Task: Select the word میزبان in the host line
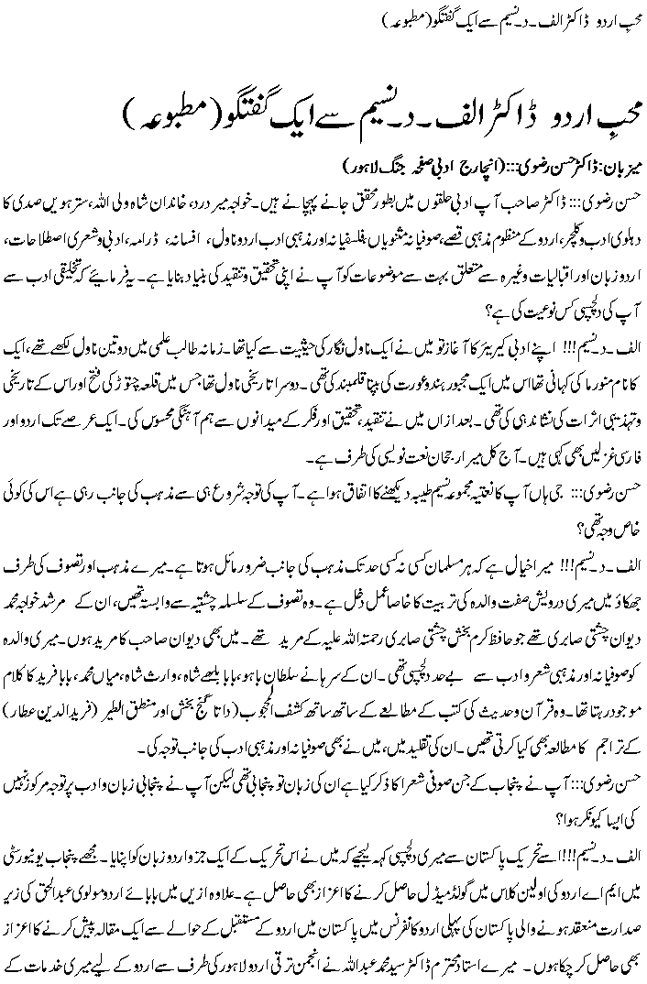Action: point(620,169)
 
